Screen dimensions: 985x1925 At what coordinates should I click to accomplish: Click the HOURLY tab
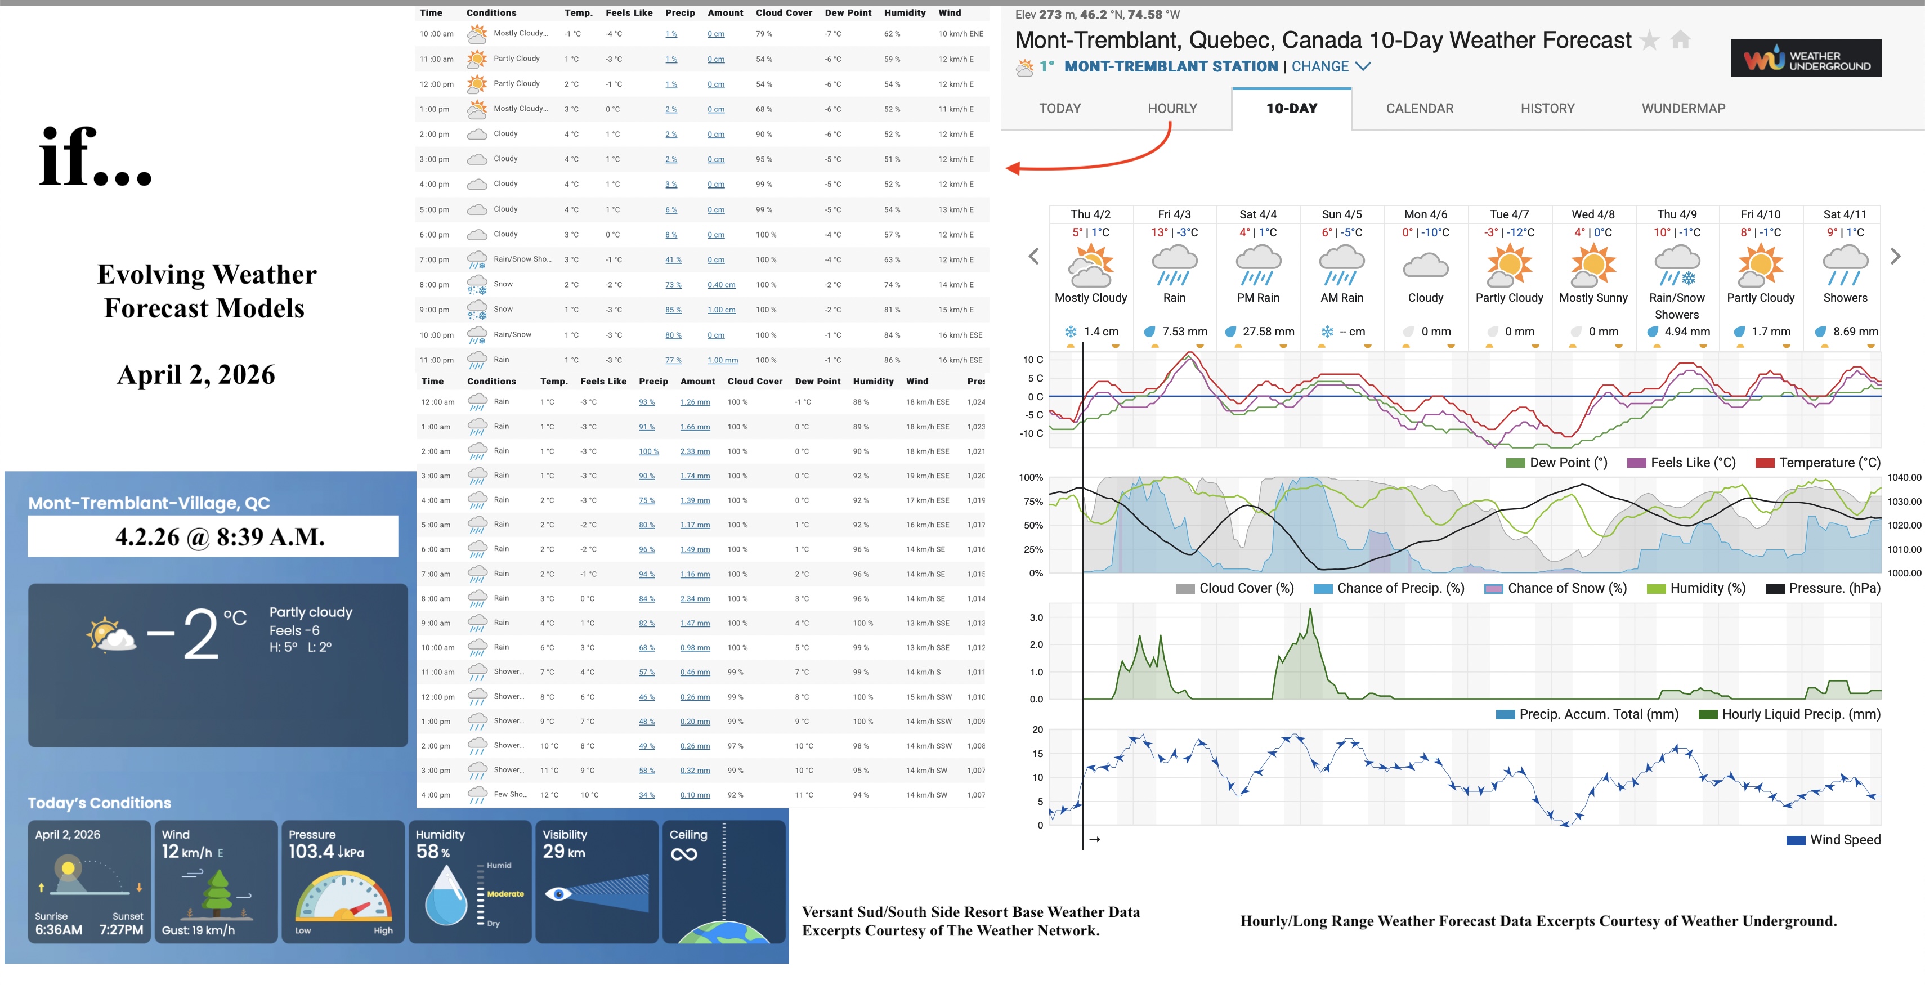pyautogui.click(x=1172, y=109)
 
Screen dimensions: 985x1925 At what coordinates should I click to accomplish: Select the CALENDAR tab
pyautogui.click(x=1419, y=109)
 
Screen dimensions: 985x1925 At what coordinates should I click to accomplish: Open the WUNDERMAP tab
pyautogui.click(x=1683, y=109)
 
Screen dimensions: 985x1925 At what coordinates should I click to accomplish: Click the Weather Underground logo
pyautogui.click(x=1806, y=59)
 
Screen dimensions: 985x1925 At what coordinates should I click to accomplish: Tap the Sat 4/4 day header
pyautogui.click(x=1257, y=214)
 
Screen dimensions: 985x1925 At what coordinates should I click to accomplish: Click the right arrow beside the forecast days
pyautogui.click(x=1895, y=256)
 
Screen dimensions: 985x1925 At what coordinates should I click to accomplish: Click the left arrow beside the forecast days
pyautogui.click(x=1033, y=256)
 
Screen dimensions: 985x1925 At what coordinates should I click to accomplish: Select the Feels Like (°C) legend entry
pyautogui.click(x=1692, y=463)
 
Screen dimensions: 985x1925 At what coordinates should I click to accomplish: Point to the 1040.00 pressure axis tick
pyautogui.click(x=1903, y=477)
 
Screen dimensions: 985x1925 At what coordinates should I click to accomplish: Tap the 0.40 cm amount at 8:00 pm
pyautogui.click(x=721, y=285)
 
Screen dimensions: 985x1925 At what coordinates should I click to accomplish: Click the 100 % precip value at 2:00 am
pyautogui.click(x=648, y=451)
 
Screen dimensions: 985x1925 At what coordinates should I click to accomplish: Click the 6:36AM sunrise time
pyautogui.click(x=59, y=930)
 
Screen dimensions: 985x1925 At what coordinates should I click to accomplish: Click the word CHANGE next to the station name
pyautogui.click(x=1320, y=66)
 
